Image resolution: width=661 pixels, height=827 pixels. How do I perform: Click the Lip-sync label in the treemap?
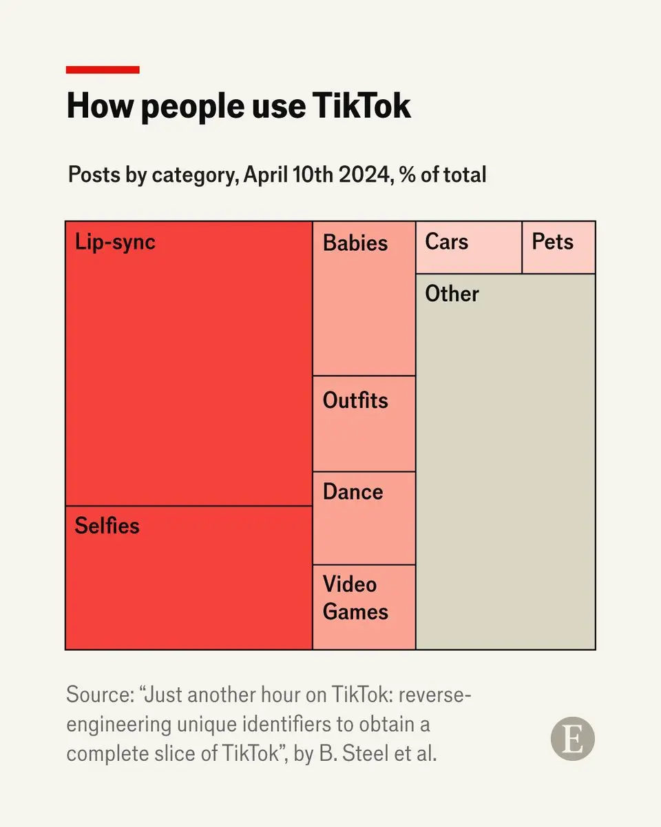[x=115, y=243]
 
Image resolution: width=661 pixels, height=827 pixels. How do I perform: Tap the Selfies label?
[x=107, y=527]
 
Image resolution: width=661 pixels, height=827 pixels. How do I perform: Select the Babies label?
[x=355, y=243]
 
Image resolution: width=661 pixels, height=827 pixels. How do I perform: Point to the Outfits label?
[x=355, y=401]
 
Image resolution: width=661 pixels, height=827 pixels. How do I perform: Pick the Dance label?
[x=353, y=492]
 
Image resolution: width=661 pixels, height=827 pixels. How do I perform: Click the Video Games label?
[x=355, y=598]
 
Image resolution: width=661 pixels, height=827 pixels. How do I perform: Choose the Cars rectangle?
[x=468, y=248]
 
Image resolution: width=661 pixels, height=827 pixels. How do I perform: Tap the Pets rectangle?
[x=558, y=248]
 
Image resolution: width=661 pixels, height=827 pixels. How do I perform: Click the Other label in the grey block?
[x=452, y=294]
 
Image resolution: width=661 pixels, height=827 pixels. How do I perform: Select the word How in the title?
[x=92, y=107]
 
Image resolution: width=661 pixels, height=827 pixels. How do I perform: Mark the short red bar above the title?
[x=103, y=70]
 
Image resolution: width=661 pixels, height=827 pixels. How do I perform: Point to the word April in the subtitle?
[x=268, y=174]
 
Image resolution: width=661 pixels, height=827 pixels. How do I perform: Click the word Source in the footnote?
[x=94, y=695]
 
